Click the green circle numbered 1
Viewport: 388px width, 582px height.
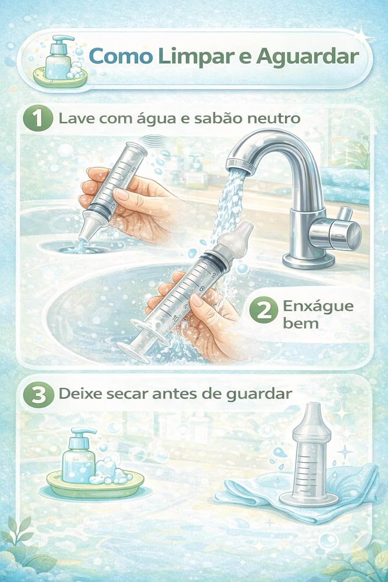[x=38, y=120]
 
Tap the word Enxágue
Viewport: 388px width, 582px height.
[x=318, y=307]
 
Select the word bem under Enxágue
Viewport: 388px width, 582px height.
[x=300, y=324]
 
